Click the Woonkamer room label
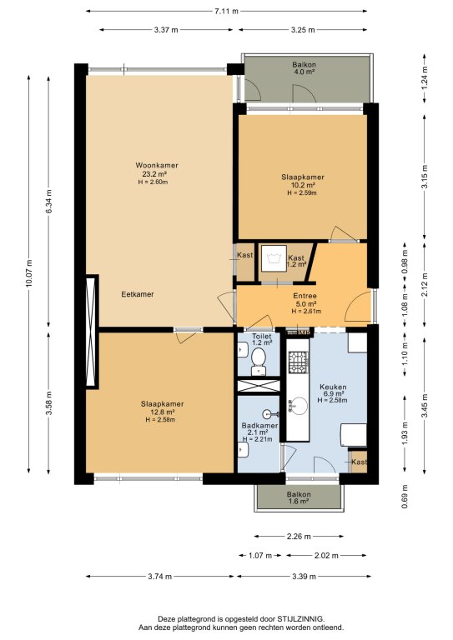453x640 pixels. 157,165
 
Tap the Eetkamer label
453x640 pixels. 138,294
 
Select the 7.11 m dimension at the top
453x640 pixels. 226,12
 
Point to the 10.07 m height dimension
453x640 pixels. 28,273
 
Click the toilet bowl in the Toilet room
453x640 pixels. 259,359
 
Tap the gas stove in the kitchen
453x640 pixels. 298,362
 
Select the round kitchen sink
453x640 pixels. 299,406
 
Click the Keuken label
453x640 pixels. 333,387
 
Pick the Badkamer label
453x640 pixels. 259,425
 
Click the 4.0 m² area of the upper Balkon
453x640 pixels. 304,72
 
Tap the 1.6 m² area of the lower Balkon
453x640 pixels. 299,501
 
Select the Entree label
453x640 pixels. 305,296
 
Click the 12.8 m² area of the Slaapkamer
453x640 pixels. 162,412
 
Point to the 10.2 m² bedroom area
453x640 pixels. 302,184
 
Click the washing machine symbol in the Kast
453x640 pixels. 273,258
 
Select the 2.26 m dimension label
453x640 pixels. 299,537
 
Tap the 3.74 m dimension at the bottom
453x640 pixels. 159,577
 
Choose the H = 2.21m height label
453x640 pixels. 257,439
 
